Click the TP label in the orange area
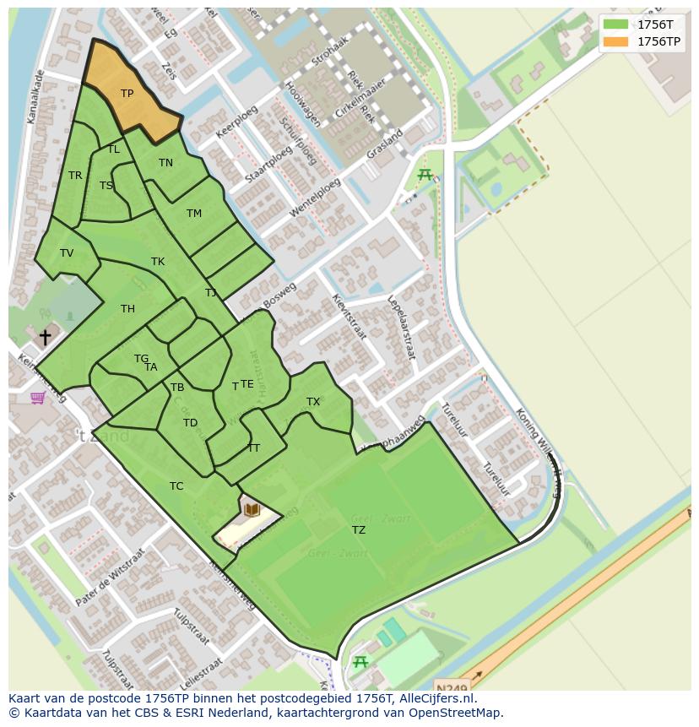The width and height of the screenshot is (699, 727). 127,94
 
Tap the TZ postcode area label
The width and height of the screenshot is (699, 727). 359,530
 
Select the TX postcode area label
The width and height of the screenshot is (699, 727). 313,402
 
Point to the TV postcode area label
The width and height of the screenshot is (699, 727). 67,253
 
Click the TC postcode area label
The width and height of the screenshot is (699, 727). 176,486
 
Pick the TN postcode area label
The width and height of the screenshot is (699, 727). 165,163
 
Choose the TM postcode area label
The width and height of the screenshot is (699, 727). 194,214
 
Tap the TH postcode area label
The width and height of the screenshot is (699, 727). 127,309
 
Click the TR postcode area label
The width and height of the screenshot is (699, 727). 75,176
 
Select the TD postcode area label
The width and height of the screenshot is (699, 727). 190,423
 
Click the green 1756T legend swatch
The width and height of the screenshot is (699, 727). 615,24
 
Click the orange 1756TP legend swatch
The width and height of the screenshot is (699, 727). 615,41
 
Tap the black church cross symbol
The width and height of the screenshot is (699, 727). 45,337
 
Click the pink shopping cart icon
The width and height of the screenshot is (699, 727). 37,397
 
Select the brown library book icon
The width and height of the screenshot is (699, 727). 252,509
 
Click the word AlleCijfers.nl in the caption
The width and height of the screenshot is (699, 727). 438,698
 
